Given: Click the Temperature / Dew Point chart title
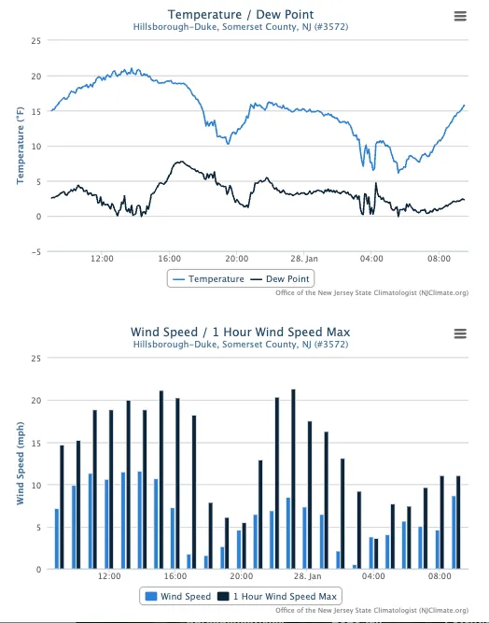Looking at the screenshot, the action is pyautogui.click(x=241, y=15).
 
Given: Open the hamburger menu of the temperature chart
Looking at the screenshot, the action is pyautogui.click(x=460, y=16).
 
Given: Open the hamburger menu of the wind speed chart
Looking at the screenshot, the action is pyautogui.click(x=460, y=333).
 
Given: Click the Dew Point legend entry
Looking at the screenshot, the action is pyautogui.click(x=280, y=279).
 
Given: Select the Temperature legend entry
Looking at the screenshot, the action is pyautogui.click(x=209, y=279).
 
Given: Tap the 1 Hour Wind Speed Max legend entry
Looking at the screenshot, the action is pyautogui.click(x=277, y=596).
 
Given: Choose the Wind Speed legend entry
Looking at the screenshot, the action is pyautogui.click(x=178, y=596).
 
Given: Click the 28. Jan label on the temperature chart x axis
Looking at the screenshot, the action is pyautogui.click(x=304, y=259).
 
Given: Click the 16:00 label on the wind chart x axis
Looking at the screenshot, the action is pyautogui.click(x=175, y=576).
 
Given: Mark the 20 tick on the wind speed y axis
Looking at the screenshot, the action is pyautogui.click(x=36, y=401).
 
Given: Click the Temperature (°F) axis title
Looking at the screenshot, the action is pyautogui.click(x=21, y=146).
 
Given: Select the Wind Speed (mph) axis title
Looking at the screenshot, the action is pyautogui.click(x=21, y=463).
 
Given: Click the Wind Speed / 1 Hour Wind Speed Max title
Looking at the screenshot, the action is pyautogui.click(x=241, y=333).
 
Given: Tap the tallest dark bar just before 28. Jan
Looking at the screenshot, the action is pyautogui.click(x=293, y=479).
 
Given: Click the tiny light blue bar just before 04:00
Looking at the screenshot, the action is pyautogui.click(x=355, y=567).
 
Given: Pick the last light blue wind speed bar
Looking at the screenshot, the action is pyautogui.click(x=454, y=532).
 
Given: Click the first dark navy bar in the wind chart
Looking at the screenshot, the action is pyautogui.click(x=62, y=507).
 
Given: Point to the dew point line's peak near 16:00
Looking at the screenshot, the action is pyautogui.click(x=181, y=162).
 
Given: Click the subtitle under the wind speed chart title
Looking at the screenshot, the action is pyautogui.click(x=241, y=345).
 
